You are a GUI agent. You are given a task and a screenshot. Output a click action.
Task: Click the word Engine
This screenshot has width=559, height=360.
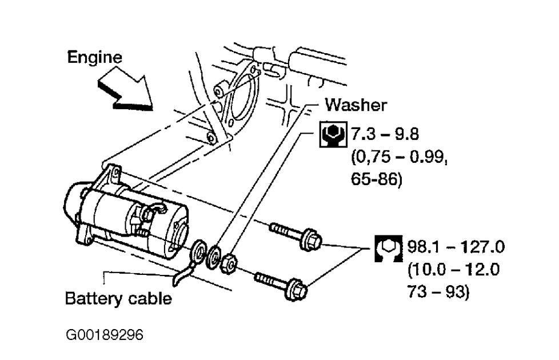tap(94, 57)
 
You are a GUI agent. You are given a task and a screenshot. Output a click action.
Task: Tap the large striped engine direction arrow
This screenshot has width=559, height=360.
tap(124, 90)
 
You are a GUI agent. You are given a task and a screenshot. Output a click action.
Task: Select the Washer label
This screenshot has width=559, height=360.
tap(356, 105)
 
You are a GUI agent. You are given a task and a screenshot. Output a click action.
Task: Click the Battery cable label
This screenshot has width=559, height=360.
tap(118, 298)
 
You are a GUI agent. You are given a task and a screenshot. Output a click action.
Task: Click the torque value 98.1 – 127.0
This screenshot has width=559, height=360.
tap(455, 247)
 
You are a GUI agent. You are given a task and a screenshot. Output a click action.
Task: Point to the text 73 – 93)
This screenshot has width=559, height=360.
tap(438, 293)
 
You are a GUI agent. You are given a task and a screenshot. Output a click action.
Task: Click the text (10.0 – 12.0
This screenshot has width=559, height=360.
tap(454, 270)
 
